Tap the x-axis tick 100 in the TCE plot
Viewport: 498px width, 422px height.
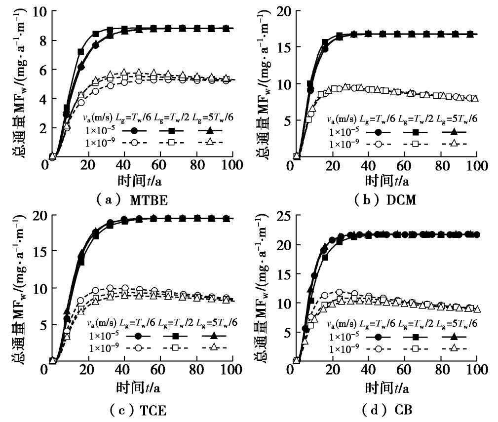(227, 370)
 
